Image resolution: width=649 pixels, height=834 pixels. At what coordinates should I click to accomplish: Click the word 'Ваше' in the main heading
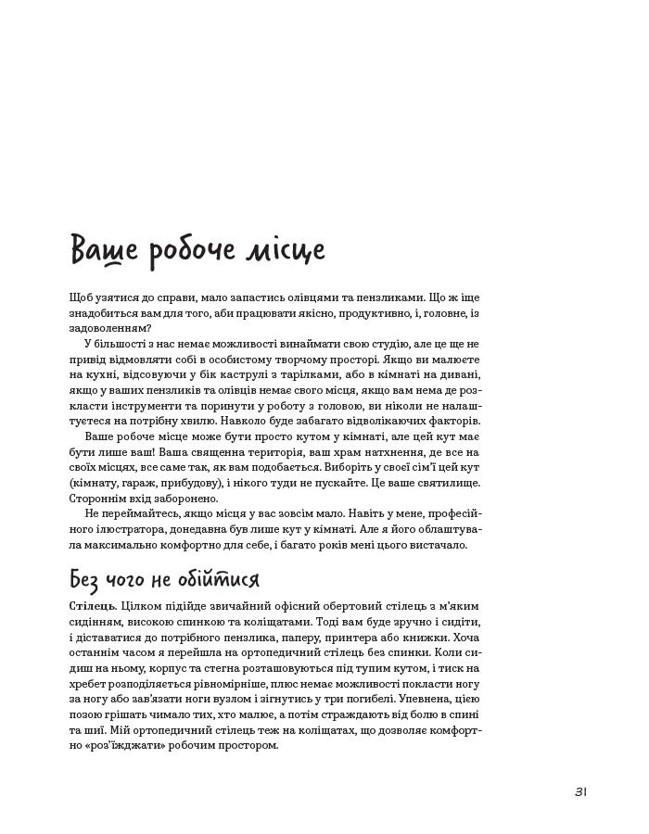tap(103, 252)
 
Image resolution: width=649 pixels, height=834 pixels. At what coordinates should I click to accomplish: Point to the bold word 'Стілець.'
tap(92, 605)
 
